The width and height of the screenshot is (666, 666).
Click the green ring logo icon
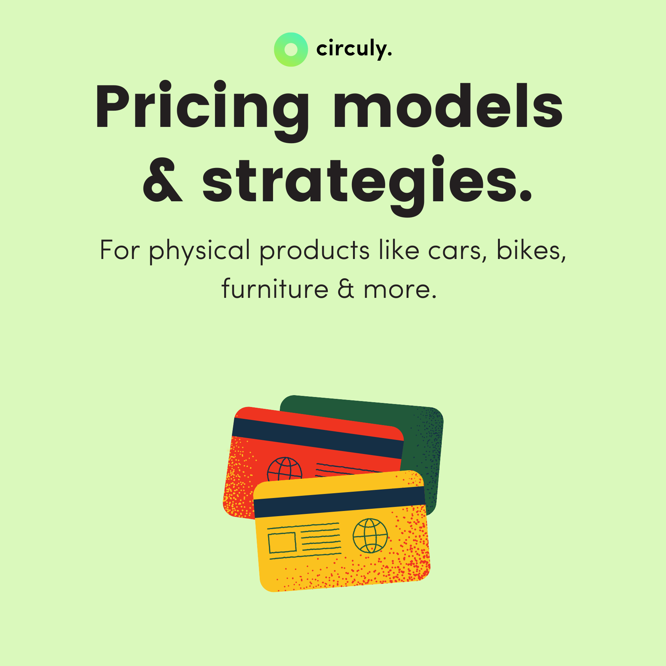[291, 50]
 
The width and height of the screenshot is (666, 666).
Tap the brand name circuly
[354, 49]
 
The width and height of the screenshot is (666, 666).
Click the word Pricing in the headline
[202, 107]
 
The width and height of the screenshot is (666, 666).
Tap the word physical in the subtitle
[200, 251]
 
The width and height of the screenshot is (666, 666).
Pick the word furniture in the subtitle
[275, 289]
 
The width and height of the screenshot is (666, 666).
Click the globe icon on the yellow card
[370, 535]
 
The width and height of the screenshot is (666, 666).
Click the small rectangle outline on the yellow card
[282, 542]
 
